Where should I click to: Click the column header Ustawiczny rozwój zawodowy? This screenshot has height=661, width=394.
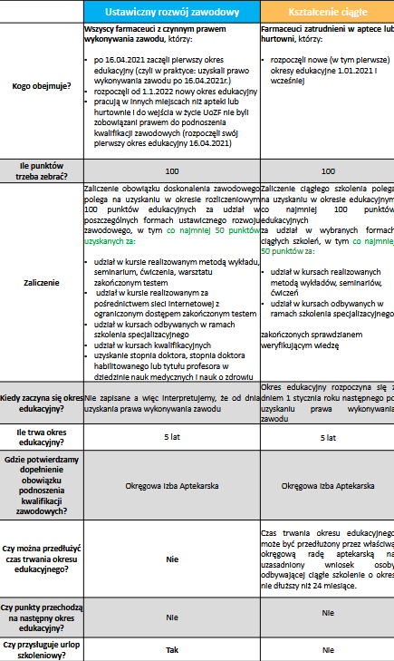pyautogui.click(x=171, y=13)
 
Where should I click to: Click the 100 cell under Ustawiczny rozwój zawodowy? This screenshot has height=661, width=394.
pyautogui.click(x=171, y=170)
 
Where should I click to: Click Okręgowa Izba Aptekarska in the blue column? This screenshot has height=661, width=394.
pyautogui.click(x=171, y=486)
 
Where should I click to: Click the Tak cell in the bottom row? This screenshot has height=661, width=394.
pyautogui.click(x=171, y=650)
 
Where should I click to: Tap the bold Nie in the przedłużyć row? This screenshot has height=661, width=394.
pyautogui.click(x=171, y=559)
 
